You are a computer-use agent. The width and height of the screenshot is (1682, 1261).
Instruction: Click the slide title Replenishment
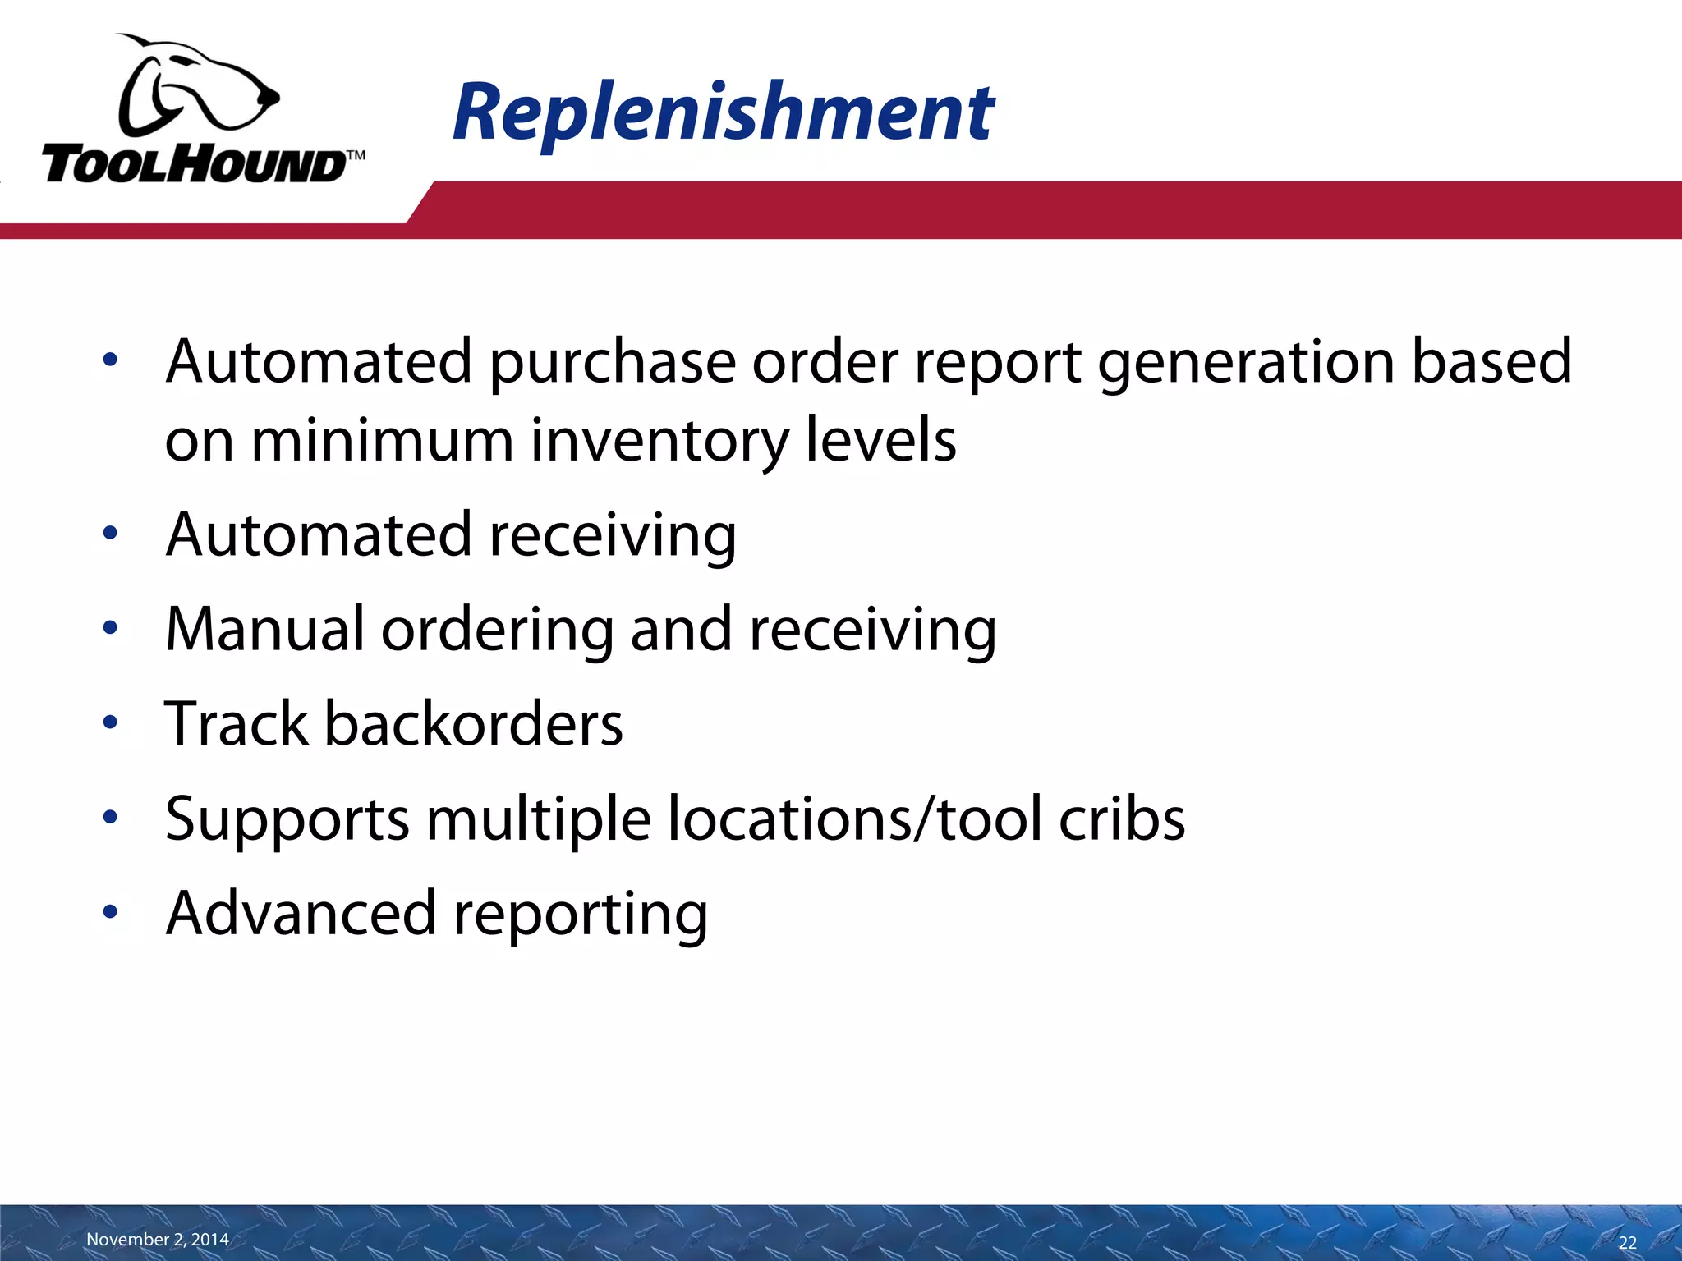click(723, 112)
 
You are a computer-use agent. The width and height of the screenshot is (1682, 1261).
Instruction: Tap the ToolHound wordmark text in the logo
click(193, 165)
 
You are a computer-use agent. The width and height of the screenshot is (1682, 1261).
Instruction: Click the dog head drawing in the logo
click(197, 86)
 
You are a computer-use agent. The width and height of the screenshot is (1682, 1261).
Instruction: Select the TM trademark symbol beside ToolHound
click(355, 155)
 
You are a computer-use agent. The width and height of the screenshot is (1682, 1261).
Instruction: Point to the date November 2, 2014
click(158, 1239)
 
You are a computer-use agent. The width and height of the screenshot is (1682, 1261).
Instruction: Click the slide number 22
click(1627, 1242)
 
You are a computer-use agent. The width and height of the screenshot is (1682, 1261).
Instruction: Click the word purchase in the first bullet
click(613, 362)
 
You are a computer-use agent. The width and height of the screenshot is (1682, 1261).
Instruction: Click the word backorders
click(474, 723)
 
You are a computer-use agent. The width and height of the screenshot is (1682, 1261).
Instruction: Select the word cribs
click(1122, 819)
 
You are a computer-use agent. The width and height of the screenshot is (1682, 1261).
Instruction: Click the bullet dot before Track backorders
click(111, 723)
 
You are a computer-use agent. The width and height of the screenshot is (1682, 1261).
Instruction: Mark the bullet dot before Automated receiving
click(111, 534)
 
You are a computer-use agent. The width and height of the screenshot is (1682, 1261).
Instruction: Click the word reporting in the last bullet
click(580, 914)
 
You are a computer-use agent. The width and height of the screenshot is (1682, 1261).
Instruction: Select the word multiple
click(539, 819)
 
